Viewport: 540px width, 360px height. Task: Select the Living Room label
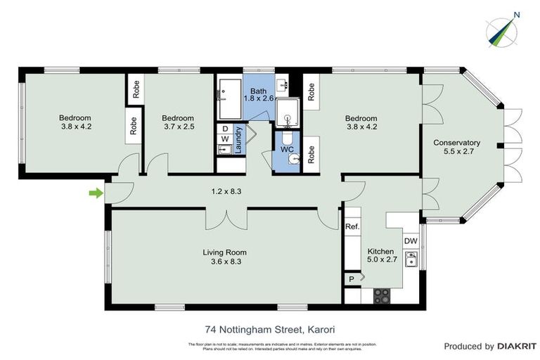pos(224,257)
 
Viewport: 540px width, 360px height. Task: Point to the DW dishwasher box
pos(411,241)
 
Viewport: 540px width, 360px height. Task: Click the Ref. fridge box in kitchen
pos(352,227)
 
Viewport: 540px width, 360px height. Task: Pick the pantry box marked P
pos(352,279)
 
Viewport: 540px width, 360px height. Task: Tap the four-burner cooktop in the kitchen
pos(382,296)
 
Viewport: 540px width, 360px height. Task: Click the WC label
pos(286,150)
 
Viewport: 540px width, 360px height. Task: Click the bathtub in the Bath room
pos(229,98)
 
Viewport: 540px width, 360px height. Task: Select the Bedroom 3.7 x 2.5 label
pos(177,122)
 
